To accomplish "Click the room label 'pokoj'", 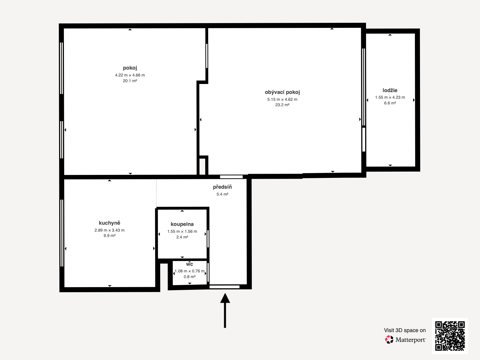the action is point(130,68).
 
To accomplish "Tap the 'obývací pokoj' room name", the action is point(282,92).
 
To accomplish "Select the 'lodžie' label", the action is point(390,90).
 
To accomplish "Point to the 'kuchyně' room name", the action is point(109,223).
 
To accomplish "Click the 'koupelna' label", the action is point(182,224).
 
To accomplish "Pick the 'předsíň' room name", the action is point(222,187).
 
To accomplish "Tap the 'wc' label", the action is point(189,264).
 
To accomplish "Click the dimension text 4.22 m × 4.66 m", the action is point(130,75).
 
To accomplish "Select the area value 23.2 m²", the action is point(282,105).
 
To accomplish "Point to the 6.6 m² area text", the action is point(390,103).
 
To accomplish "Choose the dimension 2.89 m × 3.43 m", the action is point(109,230).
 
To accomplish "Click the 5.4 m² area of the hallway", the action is point(222,194).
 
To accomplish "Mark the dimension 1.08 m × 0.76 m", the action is point(189,271).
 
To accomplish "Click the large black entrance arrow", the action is point(225,310).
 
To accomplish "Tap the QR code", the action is point(450,336).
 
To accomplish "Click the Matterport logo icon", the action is point(389,340).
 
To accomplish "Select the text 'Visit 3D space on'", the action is point(405,330).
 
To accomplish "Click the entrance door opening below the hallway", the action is point(225,287).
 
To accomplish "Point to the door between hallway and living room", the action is point(231,177).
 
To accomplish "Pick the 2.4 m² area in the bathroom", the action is point(182,237).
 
